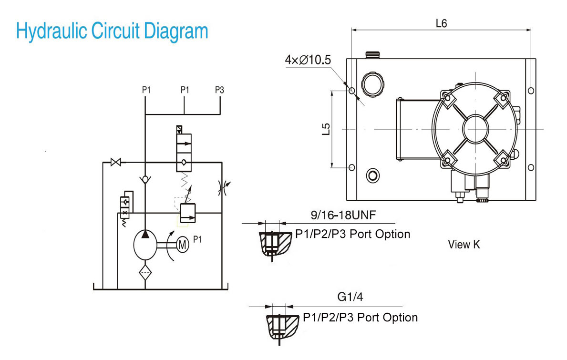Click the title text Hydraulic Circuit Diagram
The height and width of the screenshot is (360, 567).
point(112,31)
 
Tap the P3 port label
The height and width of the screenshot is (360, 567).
point(219,90)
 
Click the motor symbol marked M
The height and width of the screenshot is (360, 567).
point(183,245)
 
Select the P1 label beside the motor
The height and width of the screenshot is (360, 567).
point(197,239)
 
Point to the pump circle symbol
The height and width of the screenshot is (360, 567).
point(145,245)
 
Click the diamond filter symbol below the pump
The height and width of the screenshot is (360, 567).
point(145,272)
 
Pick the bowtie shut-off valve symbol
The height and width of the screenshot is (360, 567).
point(116,162)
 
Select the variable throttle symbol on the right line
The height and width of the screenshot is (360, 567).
point(224,187)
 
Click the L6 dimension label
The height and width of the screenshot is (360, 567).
point(441,23)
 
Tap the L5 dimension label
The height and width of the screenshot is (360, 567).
point(326,129)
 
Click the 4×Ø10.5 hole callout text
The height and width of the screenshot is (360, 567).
point(308,60)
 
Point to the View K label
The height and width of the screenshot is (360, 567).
point(464,244)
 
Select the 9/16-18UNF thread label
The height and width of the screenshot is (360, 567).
point(343,215)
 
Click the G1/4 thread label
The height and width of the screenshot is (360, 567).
point(350,297)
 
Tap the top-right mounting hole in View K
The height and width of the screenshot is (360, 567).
point(530,91)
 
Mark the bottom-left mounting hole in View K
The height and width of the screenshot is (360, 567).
point(351,167)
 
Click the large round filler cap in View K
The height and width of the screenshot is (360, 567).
point(373,84)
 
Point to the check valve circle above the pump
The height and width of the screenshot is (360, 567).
point(145,179)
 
